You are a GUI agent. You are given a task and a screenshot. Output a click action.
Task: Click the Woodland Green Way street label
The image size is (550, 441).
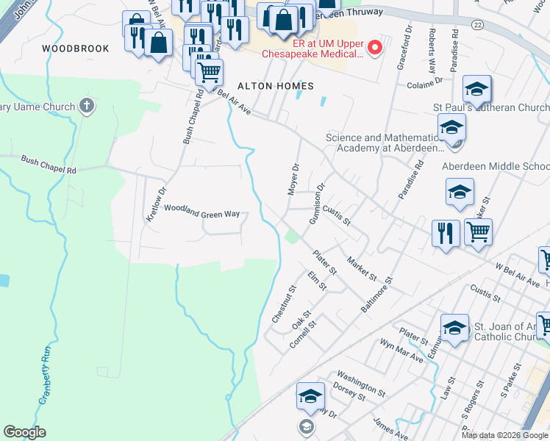pos(201,212)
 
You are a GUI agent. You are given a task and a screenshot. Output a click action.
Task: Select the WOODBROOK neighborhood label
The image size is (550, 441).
pos(76,49)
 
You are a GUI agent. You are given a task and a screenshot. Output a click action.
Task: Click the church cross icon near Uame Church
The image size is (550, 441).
pos(87,107)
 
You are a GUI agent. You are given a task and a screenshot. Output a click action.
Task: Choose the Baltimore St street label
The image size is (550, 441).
pos(377,295)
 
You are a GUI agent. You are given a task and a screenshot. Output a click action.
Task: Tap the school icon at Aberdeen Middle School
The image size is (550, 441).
pos(460,193)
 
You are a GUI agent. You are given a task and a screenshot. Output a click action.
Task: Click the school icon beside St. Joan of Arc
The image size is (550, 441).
pos(454,327)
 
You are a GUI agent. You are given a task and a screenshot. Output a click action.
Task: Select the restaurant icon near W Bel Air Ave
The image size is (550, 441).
pos(446,233)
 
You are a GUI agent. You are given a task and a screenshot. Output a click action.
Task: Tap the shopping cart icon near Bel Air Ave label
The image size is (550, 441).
pos(210,71)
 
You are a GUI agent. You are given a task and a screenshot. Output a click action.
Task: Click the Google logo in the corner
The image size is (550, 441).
pos(25,432)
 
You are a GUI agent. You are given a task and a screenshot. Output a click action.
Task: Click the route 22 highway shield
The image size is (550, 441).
pos(478,24)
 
